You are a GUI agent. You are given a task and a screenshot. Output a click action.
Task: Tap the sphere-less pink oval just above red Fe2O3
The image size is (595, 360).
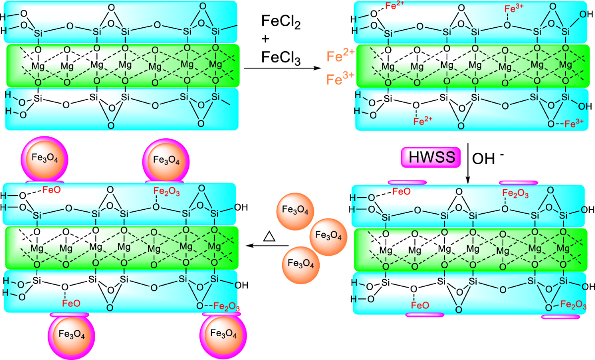point(518,182)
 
